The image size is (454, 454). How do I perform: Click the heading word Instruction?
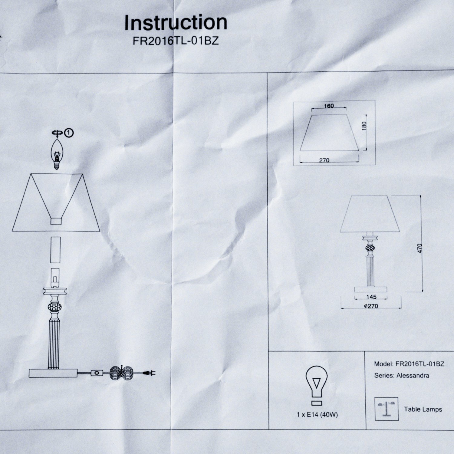click(176, 23)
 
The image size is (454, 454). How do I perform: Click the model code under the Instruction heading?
click(176, 41)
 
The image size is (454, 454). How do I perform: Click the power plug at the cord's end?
click(150, 373)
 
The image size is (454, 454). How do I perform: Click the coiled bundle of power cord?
click(121, 373)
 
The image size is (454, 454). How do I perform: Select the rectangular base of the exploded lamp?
click(53, 373)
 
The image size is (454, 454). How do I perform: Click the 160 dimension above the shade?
click(329, 106)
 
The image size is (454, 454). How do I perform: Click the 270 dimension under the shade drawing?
click(324, 160)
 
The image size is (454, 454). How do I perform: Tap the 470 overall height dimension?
click(419, 248)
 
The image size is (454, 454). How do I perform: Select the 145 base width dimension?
click(371, 297)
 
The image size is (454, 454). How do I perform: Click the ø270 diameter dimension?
click(371, 306)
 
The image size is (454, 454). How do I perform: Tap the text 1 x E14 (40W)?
click(317, 415)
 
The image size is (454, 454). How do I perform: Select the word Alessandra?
click(413, 376)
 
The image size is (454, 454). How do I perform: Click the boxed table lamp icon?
click(386, 409)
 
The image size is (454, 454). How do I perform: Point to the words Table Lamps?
click(423, 409)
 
